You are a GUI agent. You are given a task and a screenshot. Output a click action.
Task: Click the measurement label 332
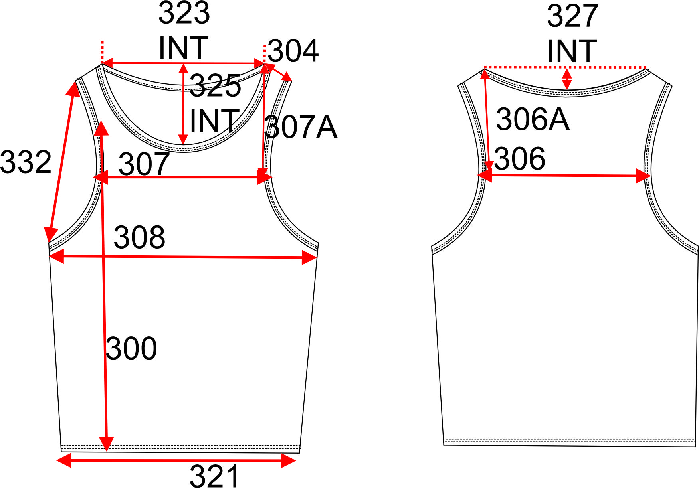(x=26, y=162)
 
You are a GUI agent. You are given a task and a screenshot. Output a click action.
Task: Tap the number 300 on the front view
(x=131, y=348)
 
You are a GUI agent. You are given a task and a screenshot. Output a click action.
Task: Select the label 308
(x=139, y=237)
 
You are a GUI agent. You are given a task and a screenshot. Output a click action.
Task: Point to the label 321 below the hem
(x=214, y=476)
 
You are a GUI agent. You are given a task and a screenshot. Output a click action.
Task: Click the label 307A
(x=301, y=127)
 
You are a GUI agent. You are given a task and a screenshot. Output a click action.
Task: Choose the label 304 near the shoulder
(x=293, y=51)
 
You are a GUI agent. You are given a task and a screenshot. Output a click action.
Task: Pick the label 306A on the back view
(x=533, y=119)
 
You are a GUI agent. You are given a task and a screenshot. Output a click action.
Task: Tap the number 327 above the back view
(x=572, y=16)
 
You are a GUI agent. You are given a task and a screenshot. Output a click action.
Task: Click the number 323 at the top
(x=184, y=13)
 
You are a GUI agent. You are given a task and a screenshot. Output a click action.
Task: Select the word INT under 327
(x=572, y=51)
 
